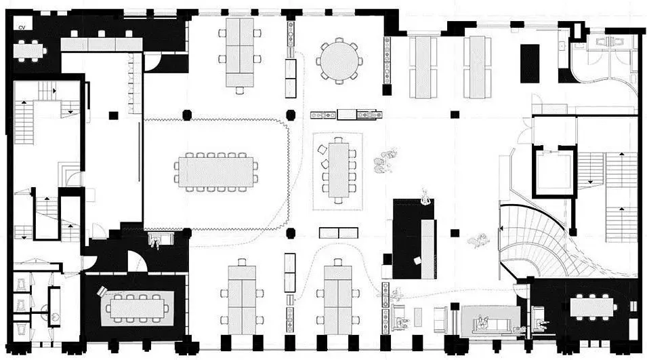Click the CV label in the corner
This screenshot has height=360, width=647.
[22, 27]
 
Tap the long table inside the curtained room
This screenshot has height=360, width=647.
[216, 172]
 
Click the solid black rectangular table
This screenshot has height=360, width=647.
[530, 64]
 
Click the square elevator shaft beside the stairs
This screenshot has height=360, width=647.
[553, 172]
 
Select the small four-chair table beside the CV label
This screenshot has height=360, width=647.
[29, 51]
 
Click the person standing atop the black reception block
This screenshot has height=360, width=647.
[426, 197]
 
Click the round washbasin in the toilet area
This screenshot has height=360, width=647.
[54, 317]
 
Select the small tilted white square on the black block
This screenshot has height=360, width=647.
[417, 261]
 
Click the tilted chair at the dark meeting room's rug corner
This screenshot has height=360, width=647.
[102, 292]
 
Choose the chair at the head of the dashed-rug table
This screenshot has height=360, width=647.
[338, 140]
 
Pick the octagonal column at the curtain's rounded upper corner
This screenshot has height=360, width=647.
[291, 115]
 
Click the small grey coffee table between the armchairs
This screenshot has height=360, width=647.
[418, 317]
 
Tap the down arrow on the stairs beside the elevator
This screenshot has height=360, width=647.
[590, 181]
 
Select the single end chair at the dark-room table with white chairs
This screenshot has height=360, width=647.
[614, 307]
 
